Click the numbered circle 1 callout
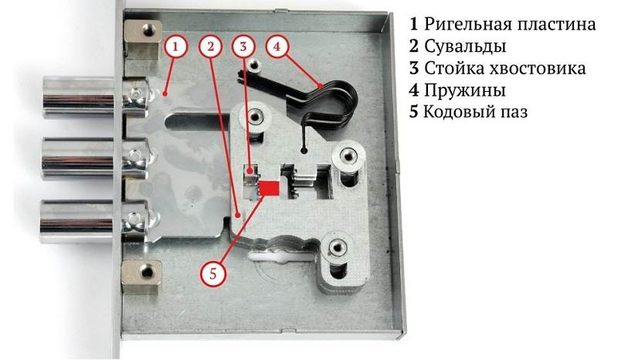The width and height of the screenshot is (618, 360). [x=175, y=46]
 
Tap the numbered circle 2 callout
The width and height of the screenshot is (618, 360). [x=211, y=46]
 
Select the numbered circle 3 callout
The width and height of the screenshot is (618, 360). [x=243, y=46]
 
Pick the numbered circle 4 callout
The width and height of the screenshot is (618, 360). [x=277, y=46]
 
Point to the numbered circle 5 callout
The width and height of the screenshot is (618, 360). [x=213, y=273]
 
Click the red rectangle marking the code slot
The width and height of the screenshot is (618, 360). [x=269, y=188]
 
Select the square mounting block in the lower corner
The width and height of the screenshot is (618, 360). [x=141, y=277]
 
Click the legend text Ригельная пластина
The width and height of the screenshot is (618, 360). [x=510, y=25]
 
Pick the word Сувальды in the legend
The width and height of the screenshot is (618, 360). [x=465, y=46]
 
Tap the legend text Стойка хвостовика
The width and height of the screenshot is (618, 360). [x=505, y=68]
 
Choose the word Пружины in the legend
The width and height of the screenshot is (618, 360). [x=465, y=90]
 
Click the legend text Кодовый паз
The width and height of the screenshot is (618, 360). [x=475, y=112]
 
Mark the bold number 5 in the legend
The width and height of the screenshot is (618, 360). [x=413, y=112]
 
